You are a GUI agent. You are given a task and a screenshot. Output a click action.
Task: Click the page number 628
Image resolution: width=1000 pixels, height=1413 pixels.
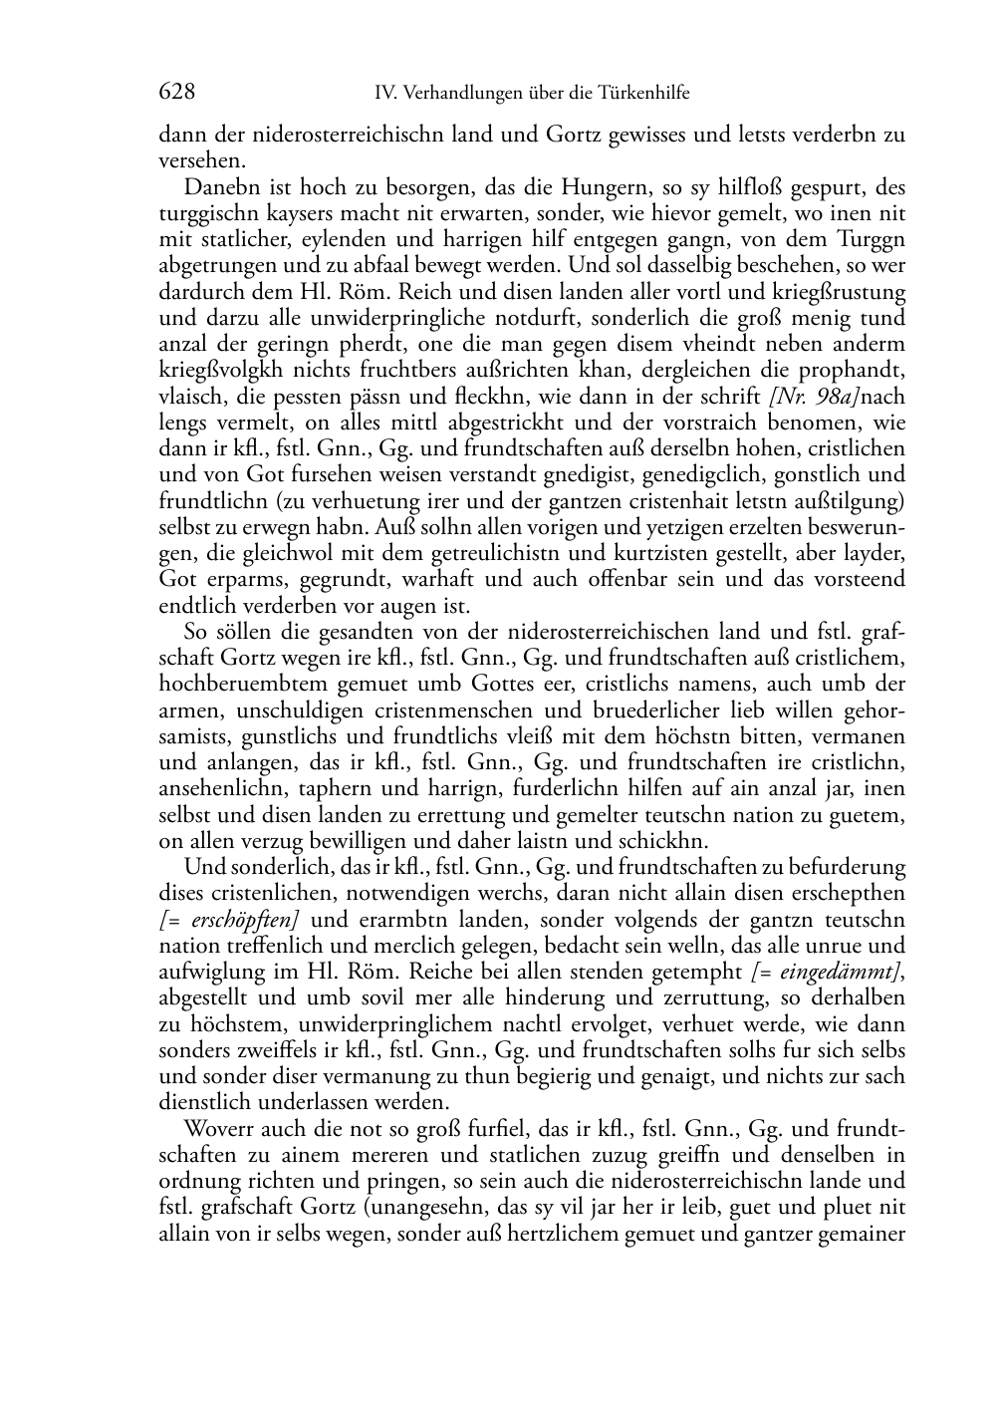[176, 93]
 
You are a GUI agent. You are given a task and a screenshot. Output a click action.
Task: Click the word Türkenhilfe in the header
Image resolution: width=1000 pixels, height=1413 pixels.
[643, 94]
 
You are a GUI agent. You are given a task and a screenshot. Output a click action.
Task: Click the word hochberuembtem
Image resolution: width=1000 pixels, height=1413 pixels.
[235, 685]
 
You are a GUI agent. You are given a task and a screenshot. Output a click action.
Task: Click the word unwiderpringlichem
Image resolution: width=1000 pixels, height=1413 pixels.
[344, 1024]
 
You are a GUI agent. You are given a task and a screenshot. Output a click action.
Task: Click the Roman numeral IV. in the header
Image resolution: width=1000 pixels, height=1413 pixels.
[386, 94]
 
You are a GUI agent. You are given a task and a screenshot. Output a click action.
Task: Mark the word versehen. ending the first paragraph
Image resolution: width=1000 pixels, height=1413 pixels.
[200, 159]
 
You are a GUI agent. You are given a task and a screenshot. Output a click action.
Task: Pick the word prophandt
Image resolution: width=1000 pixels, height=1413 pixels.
[856, 371]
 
